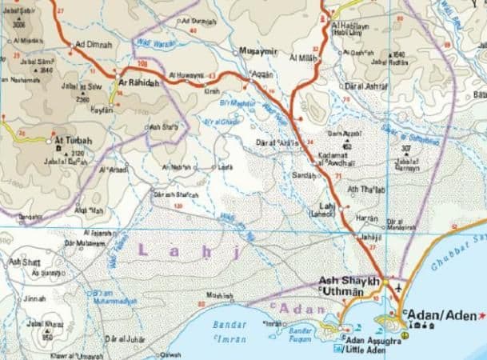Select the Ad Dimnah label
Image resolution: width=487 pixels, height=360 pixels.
click(x=93, y=45)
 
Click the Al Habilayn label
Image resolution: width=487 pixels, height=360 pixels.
click(x=350, y=26)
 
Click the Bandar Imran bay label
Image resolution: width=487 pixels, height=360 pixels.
click(x=234, y=334)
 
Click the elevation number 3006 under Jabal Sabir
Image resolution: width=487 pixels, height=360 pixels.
click(x=19, y=24)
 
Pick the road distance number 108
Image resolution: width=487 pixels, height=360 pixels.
click(x=143, y=62)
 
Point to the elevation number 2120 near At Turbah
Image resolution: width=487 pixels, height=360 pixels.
click(x=78, y=152)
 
